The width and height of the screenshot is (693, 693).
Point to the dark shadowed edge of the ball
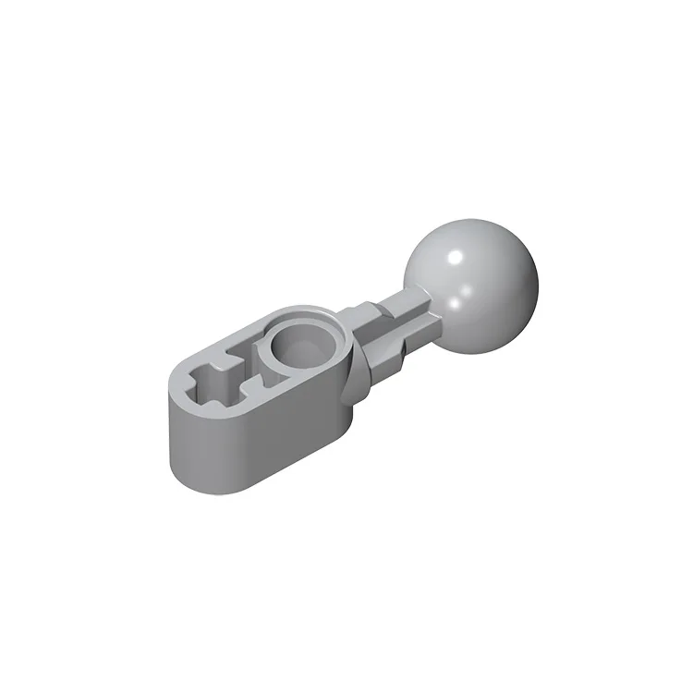pos(517,305)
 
